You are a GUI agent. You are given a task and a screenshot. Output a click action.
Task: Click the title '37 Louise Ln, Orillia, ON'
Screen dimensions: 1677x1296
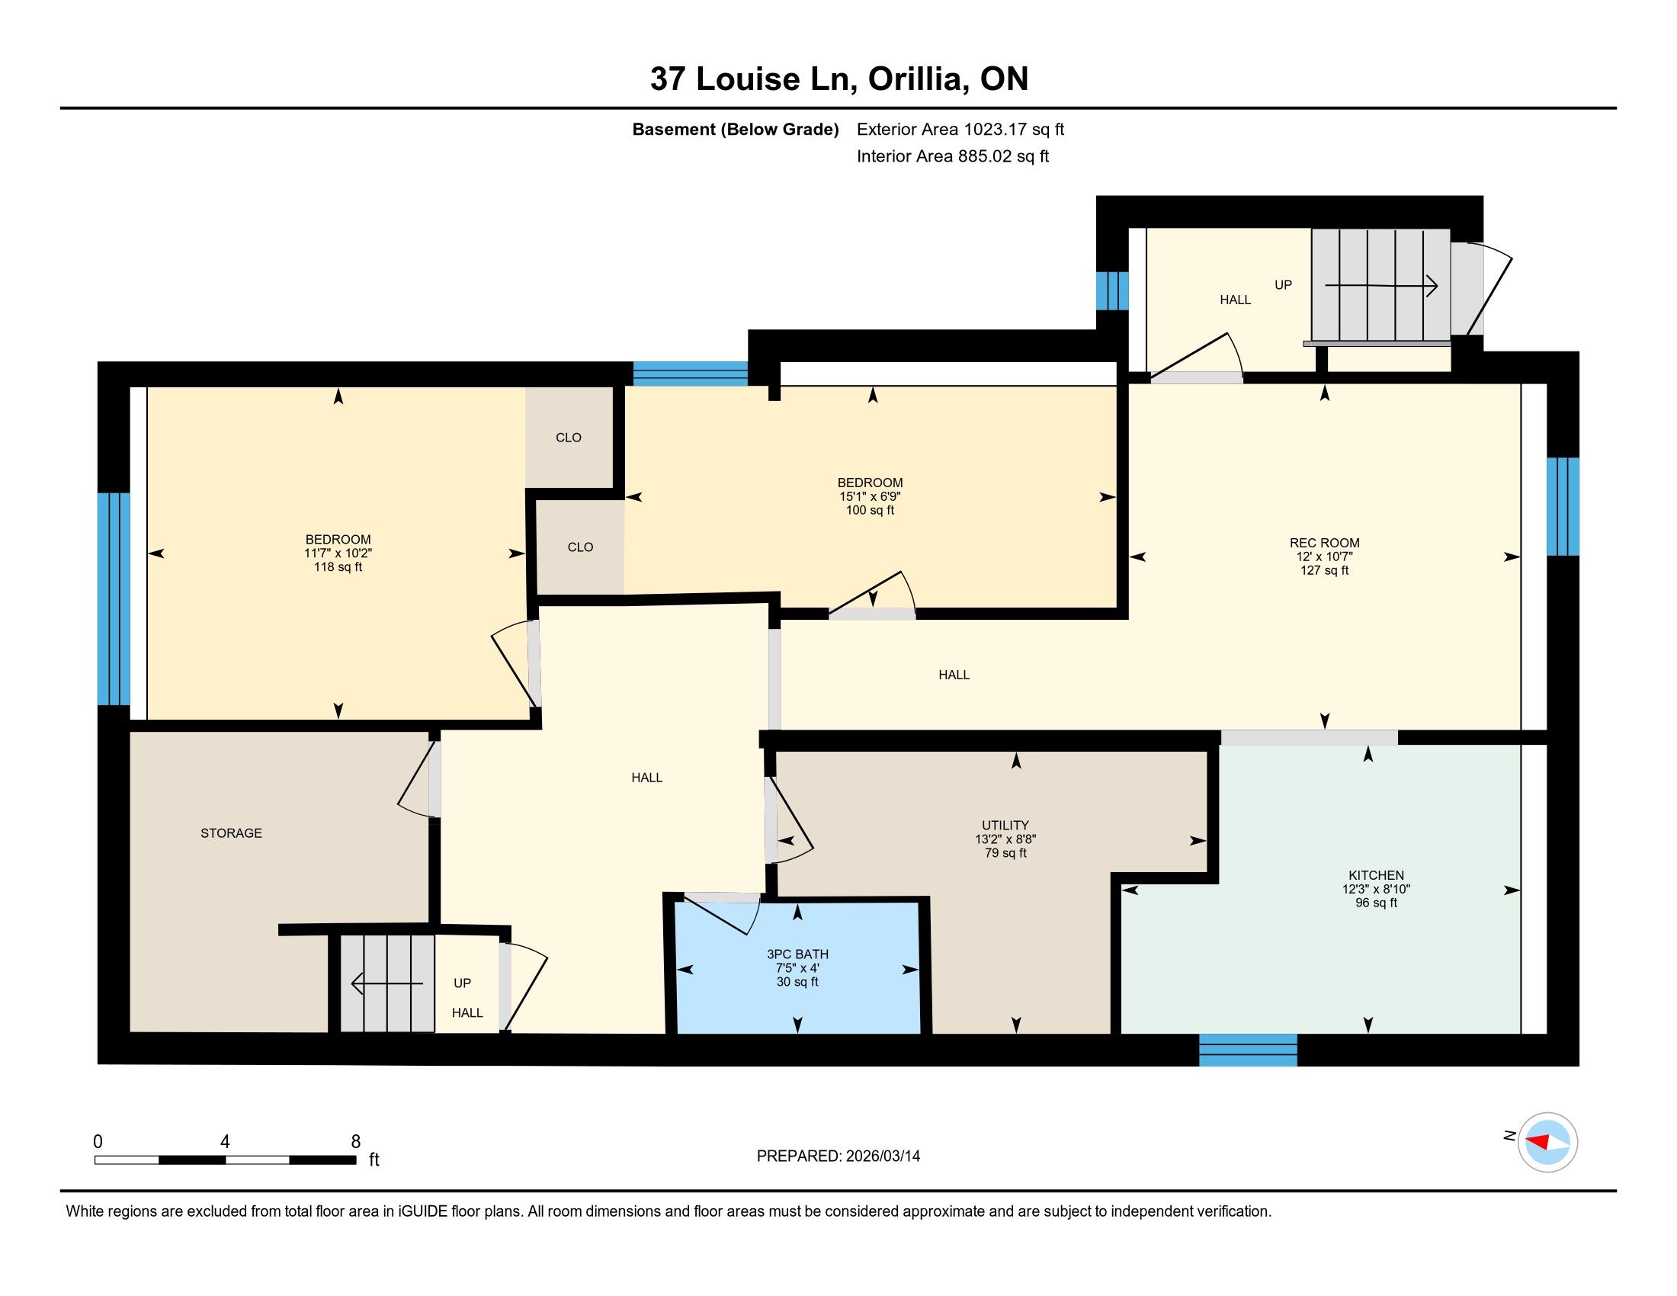(838, 79)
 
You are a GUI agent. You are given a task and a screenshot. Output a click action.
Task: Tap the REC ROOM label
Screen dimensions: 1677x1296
(1325, 543)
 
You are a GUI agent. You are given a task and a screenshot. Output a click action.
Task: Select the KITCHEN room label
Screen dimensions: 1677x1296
(1376, 875)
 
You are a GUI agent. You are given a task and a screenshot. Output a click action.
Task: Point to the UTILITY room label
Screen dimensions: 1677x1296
(1005, 826)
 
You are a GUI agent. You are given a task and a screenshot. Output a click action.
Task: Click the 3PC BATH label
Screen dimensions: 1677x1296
(798, 954)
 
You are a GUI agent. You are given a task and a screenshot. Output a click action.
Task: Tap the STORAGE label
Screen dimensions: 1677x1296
(231, 833)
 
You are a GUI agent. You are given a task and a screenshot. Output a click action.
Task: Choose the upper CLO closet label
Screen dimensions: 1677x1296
(568, 438)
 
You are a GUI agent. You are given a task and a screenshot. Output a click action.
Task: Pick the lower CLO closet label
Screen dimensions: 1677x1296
(581, 547)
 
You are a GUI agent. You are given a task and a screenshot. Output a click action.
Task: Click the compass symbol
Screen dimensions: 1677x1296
(1548, 1143)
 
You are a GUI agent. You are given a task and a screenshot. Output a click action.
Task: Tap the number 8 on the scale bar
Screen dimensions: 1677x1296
(355, 1142)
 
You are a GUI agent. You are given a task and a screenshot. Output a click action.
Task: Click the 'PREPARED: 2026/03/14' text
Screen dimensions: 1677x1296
(838, 1156)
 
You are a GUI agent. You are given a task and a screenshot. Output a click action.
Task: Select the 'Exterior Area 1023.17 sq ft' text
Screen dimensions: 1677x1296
(960, 129)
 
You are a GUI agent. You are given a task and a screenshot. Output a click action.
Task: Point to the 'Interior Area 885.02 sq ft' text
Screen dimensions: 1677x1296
(953, 156)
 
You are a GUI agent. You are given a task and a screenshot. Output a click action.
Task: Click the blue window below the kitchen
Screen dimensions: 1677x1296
(1248, 1050)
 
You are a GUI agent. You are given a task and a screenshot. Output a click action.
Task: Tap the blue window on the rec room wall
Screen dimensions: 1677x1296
(1563, 507)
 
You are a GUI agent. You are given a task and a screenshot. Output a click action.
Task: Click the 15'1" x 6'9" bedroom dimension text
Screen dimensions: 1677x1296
(870, 497)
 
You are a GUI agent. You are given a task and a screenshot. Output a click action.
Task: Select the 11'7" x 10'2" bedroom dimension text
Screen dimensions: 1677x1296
(338, 553)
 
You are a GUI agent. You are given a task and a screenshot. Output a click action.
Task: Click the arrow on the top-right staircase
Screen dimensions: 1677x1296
(1380, 287)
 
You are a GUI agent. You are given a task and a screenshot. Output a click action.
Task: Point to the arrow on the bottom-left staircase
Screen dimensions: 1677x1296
(387, 983)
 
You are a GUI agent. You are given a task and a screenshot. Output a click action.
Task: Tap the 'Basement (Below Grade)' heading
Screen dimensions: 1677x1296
(735, 129)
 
